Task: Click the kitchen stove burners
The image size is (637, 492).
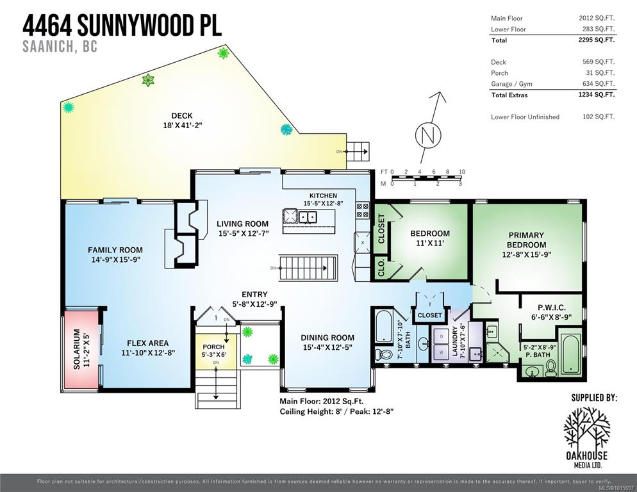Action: pyautogui.click(x=362, y=210)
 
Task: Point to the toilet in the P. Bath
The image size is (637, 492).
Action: pyautogui.click(x=551, y=368)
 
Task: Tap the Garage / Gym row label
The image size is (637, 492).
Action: pyautogui.click(x=511, y=84)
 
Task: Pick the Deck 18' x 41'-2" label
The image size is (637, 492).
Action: pyautogui.click(x=182, y=120)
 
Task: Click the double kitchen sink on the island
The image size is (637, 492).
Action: pyautogui.click(x=308, y=217)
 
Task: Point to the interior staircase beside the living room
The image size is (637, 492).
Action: pyautogui.click(x=308, y=268)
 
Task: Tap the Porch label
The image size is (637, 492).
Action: pyautogui.click(x=213, y=350)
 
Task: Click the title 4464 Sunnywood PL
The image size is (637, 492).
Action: pyautogui.click(x=122, y=25)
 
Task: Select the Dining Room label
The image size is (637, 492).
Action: pyautogui.click(x=327, y=342)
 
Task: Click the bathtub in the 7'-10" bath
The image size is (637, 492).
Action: pyautogui.click(x=383, y=326)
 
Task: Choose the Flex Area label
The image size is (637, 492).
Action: pyautogui.click(x=148, y=348)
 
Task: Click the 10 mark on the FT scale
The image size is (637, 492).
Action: pyautogui.click(x=462, y=172)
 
